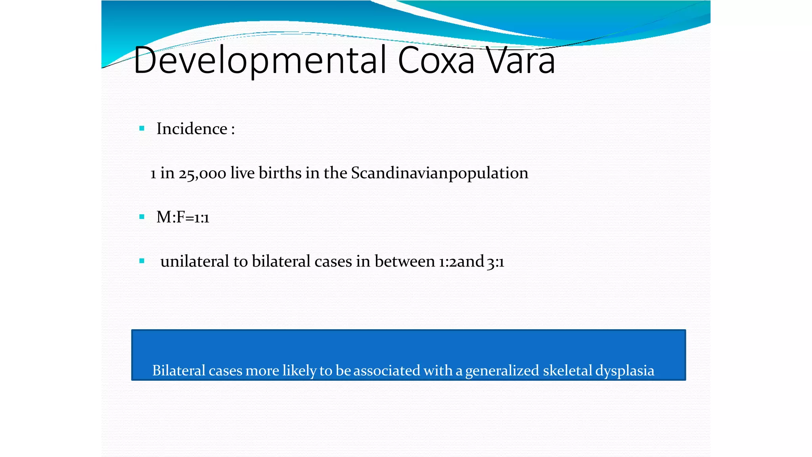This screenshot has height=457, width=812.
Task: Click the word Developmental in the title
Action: pos(260,60)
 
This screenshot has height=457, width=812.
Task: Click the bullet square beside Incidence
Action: pos(142,129)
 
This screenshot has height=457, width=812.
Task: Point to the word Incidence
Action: pos(192,129)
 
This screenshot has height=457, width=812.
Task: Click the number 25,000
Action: pos(202,174)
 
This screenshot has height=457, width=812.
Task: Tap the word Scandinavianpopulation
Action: pos(439,173)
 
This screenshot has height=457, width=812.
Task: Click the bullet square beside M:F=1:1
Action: pos(142,217)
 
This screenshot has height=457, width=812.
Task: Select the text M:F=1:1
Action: pos(183,217)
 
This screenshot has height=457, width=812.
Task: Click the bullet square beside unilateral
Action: pos(142,261)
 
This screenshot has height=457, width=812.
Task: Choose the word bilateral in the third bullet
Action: pos(281,261)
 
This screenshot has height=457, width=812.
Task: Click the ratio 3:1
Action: pos(496,262)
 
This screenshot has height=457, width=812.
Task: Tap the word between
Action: pos(404,261)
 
